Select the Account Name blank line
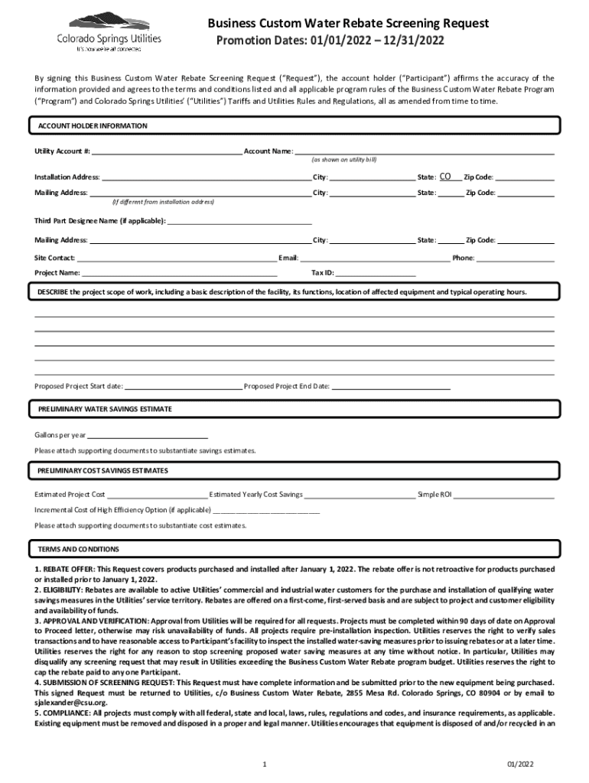click(424, 151)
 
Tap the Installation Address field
click(207, 177)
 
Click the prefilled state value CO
click(445, 176)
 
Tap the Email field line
click(374, 258)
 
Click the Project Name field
click(179, 272)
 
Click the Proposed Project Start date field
click(183, 386)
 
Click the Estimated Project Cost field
click(157, 495)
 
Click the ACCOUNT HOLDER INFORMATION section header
click(93, 126)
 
